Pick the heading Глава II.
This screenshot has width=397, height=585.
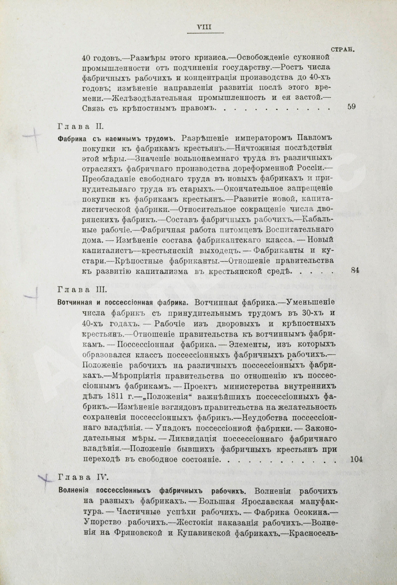80,127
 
